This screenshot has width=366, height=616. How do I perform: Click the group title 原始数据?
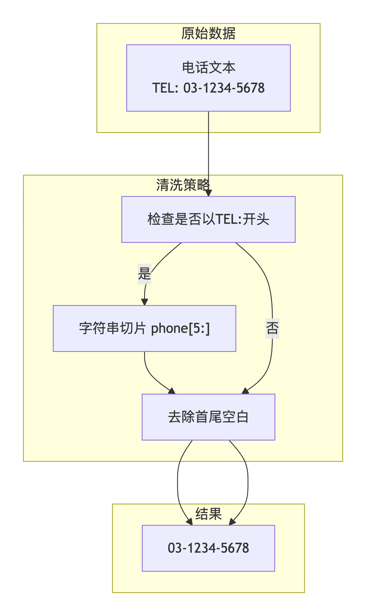click(x=208, y=34)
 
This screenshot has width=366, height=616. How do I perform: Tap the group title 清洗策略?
click(x=183, y=185)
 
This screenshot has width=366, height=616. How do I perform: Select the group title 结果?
click(x=208, y=514)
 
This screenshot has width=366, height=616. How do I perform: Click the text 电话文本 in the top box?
click(x=209, y=68)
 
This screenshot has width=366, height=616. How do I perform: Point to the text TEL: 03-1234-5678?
click(x=208, y=88)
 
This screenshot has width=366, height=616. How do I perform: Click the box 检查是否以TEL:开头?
click(x=208, y=219)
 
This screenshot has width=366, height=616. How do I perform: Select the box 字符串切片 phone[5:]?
click(x=144, y=328)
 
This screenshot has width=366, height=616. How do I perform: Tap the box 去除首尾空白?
click(x=208, y=417)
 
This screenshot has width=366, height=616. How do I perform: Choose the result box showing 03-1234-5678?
click(x=208, y=548)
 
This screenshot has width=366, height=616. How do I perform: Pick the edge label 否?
click(x=272, y=328)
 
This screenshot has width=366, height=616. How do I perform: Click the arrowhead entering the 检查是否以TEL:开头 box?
click(x=209, y=193)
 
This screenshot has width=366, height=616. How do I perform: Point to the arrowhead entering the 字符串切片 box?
click(x=144, y=302)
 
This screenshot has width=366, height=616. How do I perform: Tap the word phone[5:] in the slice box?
click(x=180, y=329)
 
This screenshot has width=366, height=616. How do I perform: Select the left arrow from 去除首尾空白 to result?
click(x=178, y=483)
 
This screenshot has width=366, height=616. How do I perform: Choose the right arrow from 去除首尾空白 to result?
click(x=248, y=483)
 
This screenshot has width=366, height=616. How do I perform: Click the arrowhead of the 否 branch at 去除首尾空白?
click(x=245, y=391)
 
